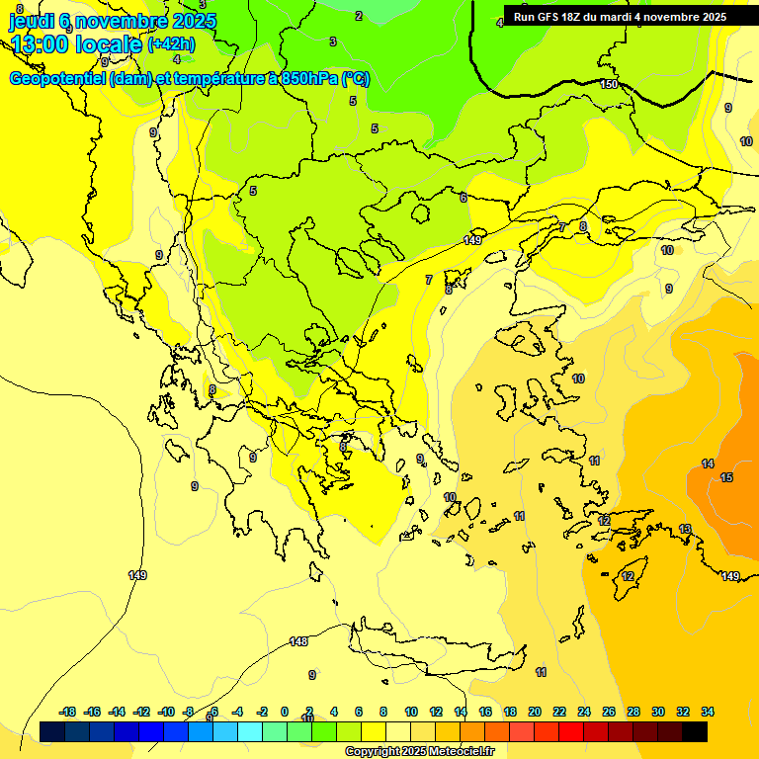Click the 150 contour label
(609, 84)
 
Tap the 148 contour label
(298, 641)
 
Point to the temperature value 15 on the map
(726, 477)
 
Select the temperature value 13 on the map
(685, 529)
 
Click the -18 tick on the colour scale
(67, 712)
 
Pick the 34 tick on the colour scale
(708, 712)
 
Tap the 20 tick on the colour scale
(535, 712)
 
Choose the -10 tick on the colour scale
(166, 712)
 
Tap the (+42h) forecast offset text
(171, 44)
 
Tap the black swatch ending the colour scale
(695, 731)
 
